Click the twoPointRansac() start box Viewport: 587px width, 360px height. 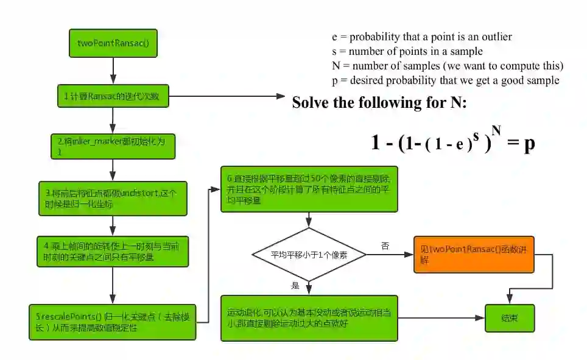pyautogui.click(x=113, y=43)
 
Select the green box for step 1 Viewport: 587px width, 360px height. pyautogui.click(x=113, y=96)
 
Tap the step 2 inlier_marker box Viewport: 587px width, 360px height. pyautogui.click(x=113, y=146)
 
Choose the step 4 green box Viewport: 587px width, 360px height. pyautogui.click(x=113, y=250)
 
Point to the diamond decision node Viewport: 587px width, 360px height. pyautogui.click(x=309, y=255)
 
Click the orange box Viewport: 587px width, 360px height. pyautogui.click(x=474, y=254)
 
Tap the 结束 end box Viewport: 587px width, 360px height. pyautogui.click(x=509, y=318)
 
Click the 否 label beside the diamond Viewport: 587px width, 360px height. pyautogui.click(x=385, y=245)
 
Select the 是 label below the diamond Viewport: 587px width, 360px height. pyautogui.click(x=296, y=285)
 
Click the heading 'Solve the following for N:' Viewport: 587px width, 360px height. pyautogui.click(x=379, y=102)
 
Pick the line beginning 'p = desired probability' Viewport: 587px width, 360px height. pyautogui.click(x=445, y=80)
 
